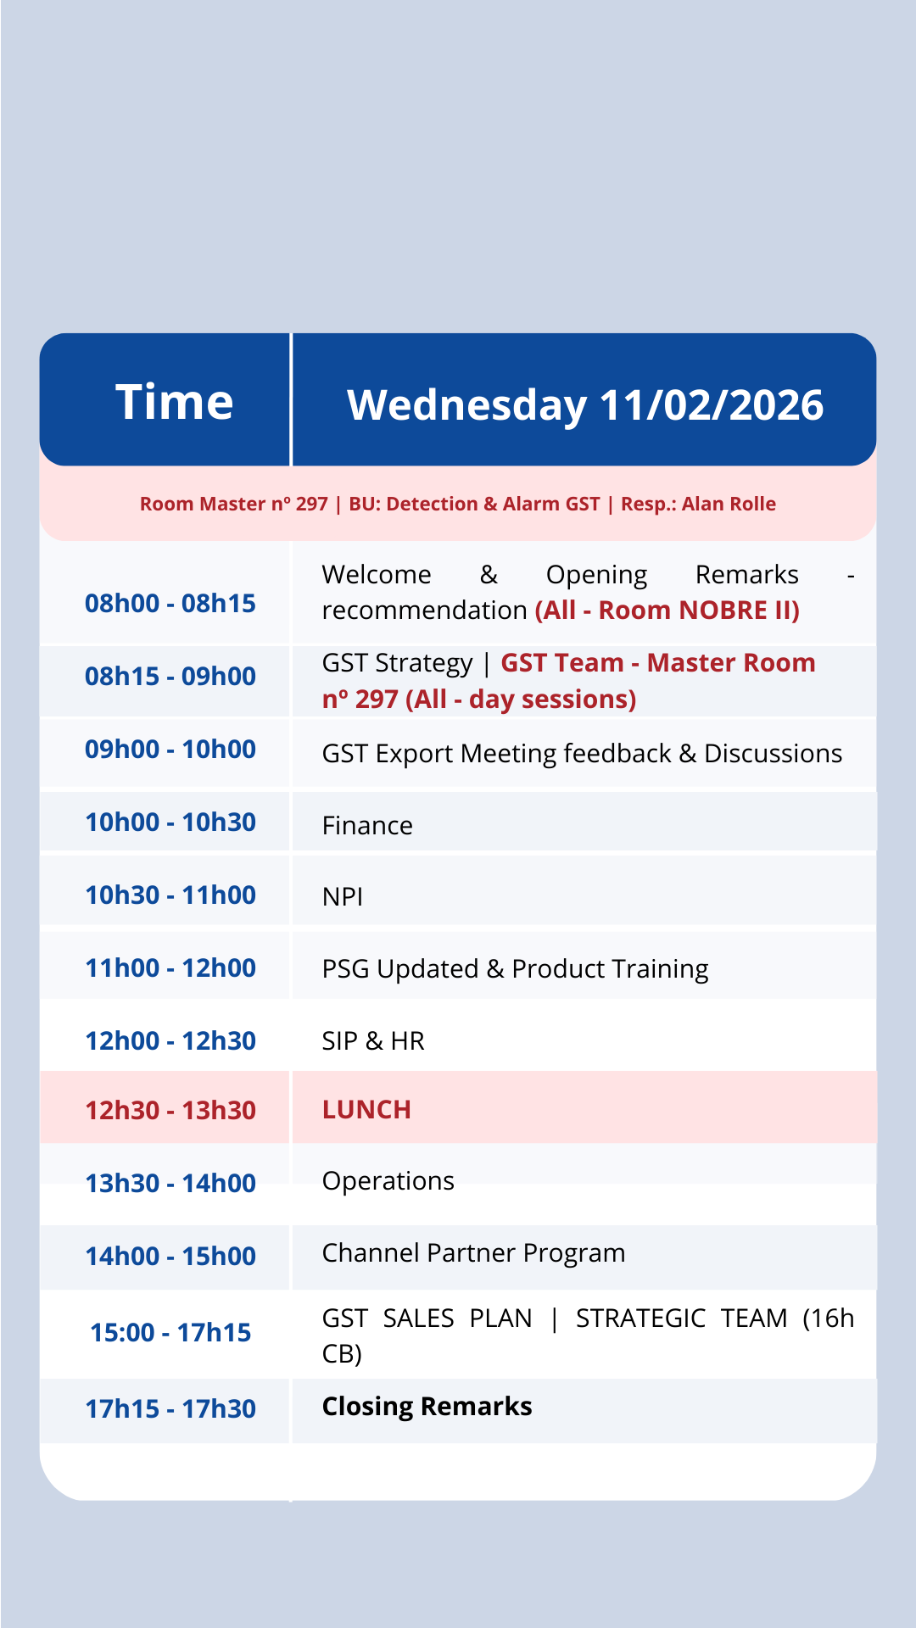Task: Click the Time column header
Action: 174,401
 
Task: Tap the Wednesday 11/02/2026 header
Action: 585,404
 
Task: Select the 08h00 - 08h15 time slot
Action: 170,604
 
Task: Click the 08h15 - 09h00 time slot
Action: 170,677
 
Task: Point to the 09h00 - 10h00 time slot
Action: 170,750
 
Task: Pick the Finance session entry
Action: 367,825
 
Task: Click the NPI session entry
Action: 343,896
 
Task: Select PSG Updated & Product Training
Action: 515,968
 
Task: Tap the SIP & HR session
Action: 373,1040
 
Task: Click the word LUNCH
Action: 366,1109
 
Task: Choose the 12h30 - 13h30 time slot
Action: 170,1111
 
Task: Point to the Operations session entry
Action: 388,1181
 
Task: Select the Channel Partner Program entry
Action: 473,1253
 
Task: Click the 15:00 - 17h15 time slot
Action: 170,1333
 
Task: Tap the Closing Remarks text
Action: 427,1406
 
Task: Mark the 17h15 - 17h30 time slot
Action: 170,1409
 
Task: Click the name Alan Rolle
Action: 729,504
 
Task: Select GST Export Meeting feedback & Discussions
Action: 582,753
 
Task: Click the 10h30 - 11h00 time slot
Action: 170,895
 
